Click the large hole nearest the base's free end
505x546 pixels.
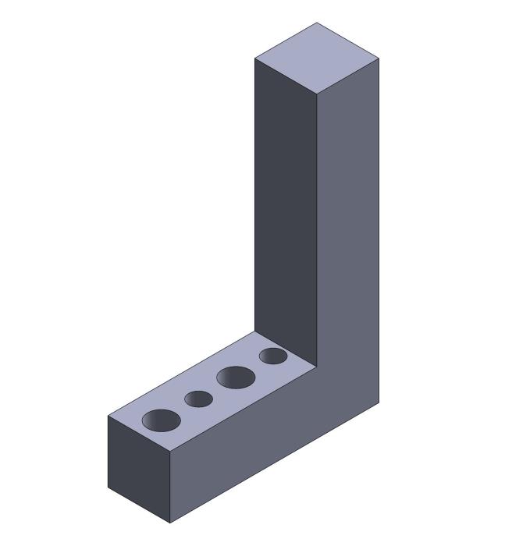click(x=162, y=420)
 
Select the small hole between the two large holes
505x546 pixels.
click(x=199, y=399)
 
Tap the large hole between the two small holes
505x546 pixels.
click(x=236, y=378)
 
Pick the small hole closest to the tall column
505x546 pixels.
click(x=273, y=356)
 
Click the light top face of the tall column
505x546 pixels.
click(x=317, y=58)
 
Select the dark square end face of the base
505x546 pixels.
click(x=138, y=469)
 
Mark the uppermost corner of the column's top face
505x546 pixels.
click(x=317, y=23)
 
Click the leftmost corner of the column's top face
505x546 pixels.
click(x=255, y=58)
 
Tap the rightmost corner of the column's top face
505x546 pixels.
click(x=379, y=58)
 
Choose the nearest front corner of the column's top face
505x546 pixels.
click(x=317, y=94)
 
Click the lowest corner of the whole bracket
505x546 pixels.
click(x=170, y=523)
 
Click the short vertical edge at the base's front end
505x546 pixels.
click(x=170, y=487)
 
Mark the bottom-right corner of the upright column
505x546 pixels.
click(x=379, y=402)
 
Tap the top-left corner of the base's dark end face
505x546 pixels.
click(x=108, y=416)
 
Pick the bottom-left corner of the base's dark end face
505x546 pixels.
click(x=108, y=487)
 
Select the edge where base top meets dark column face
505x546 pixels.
click(x=286, y=349)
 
